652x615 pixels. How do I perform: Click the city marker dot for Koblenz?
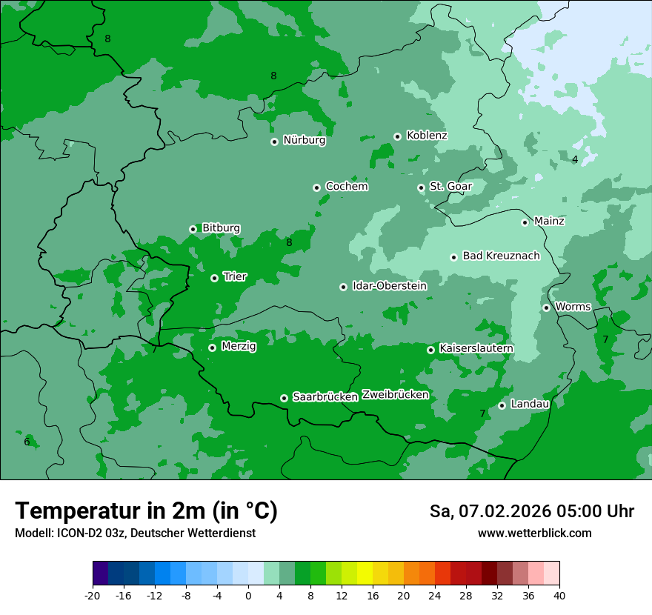tap(397, 136)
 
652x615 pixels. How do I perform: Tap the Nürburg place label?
tap(304, 140)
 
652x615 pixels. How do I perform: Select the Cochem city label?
tap(346, 187)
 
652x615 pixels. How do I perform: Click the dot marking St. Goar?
tap(421, 187)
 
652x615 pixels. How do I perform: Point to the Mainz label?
tap(549, 221)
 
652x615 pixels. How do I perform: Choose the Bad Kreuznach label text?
tap(501, 256)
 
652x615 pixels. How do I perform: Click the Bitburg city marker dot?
tap(193, 229)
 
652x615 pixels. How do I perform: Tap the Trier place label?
tap(235, 276)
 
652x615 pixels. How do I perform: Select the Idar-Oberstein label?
tap(389, 286)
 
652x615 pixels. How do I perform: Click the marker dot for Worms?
tap(546, 307)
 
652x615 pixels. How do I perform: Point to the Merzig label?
tap(239, 346)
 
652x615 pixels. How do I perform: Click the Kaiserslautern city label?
tap(476, 348)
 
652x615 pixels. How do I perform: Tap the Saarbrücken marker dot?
tap(284, 398)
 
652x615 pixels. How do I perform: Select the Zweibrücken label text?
tap(395, 395)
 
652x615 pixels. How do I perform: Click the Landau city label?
tap(530, 404)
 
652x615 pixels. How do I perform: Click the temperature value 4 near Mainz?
tap(575, 159)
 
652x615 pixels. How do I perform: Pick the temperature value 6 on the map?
tap(27, 442)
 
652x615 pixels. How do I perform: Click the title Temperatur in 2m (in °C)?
tap(146, 511)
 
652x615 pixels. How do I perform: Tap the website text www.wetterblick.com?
tap(534, 533)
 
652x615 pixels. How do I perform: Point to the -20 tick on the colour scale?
tap(93, 595)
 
